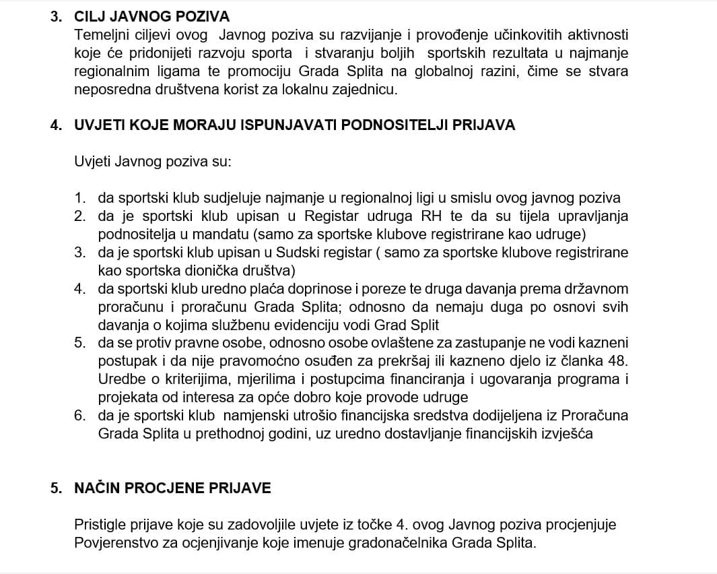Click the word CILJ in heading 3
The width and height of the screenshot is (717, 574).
[x=92, y=16]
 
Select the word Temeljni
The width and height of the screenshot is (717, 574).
[x=99, y=34]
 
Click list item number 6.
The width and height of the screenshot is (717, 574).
[x=80, y=416]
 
